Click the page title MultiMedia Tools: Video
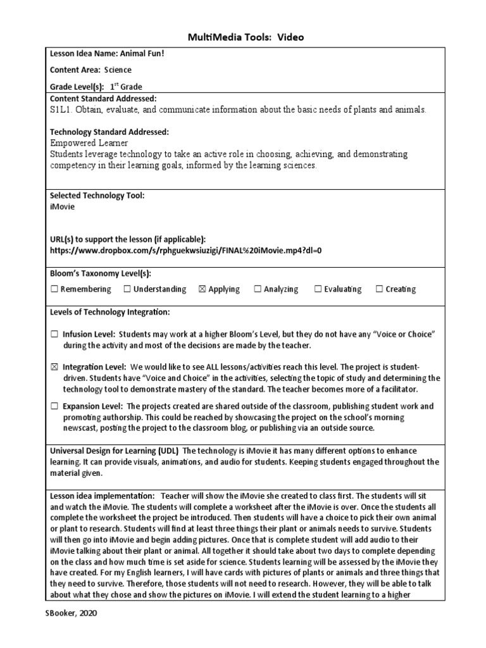246,37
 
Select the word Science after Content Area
118,70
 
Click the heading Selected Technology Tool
97,196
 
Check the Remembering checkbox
54,289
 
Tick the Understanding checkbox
127,289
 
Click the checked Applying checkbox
202,289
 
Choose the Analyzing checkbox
258,289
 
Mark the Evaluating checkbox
318,289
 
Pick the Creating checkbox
380,289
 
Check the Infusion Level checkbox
54,333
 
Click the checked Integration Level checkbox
54,367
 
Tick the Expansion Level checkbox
54,406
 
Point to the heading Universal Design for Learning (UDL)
115,450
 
